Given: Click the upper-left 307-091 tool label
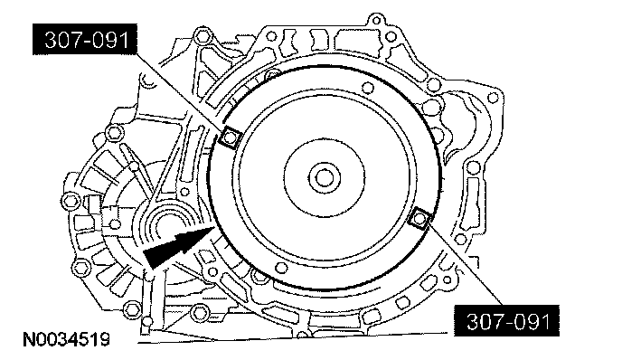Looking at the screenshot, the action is click(x=85, y=39).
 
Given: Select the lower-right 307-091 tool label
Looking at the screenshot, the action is click(x=507, y=321).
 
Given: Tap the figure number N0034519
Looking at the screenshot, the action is click(x=66, y=340).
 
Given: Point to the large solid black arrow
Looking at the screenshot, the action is click(x=178, y=246).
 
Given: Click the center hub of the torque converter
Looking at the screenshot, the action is click(x=325, y=177).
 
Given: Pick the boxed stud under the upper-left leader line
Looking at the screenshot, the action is click(x=230, y=137).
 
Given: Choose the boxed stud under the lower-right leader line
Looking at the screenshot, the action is click(x=419, y=218).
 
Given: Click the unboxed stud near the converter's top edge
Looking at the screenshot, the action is click(x=368, y=88).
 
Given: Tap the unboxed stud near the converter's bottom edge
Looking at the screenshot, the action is click(x=281, y=268).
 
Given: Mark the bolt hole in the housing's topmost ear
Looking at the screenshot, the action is click(x=377, y=20).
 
